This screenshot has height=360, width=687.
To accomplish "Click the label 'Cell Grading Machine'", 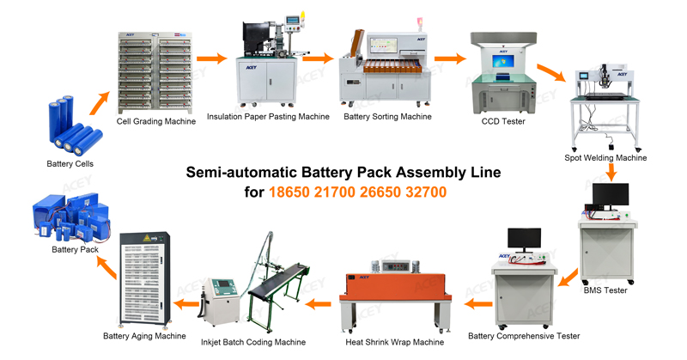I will (x=156, y=121).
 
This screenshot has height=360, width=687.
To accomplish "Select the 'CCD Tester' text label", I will (x=503, y=121).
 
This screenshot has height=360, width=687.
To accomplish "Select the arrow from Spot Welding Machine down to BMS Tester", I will (x=611, y=172).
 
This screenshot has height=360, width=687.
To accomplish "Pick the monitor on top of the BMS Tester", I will (x=611, y=195).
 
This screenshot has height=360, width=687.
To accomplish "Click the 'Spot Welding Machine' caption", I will (x=605, y=158).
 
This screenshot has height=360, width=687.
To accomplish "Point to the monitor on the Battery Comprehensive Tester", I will (x=524, y=239).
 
